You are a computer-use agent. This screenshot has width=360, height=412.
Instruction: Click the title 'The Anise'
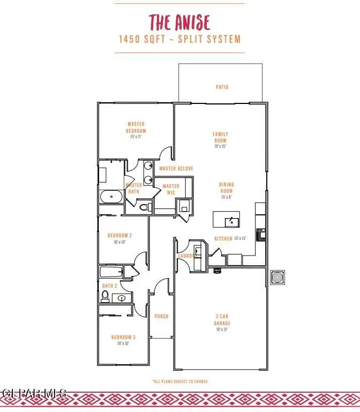click(179, 23)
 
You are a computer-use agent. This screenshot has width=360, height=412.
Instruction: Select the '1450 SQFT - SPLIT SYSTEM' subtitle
click(179, 39)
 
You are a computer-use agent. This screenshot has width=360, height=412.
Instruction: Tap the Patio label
click(222, 87)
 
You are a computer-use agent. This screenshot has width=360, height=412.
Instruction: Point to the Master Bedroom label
click(136, 130)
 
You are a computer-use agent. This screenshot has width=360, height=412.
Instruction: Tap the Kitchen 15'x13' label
click(230, 238)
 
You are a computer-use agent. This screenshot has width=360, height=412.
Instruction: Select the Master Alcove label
click(176, 169)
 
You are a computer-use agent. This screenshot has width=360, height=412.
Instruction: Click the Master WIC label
click(171, 190)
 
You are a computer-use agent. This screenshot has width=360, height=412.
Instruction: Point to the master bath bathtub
click(111, 197)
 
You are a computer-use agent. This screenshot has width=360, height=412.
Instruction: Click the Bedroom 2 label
click(119, 238)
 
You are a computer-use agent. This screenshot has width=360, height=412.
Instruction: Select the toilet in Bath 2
click(106, 296)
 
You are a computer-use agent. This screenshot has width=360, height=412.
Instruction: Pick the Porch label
click(161, 317)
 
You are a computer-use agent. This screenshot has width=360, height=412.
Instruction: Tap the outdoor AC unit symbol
click(277, 278)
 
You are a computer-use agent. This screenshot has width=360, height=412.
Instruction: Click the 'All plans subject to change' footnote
click(179, 381)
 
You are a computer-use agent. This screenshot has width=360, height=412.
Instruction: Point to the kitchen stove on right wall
click(261, 234)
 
